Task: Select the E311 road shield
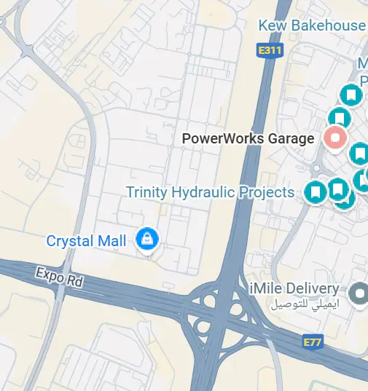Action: [269, 50]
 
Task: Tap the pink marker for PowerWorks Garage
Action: [334, 138]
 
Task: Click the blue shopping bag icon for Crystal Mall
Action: [147, 239]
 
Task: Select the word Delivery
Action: [312, 289]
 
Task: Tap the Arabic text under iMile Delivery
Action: [305, 304]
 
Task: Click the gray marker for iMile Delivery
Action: [358, 294]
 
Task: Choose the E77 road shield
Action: [312, 341]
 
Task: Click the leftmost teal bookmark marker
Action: [316, 192]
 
